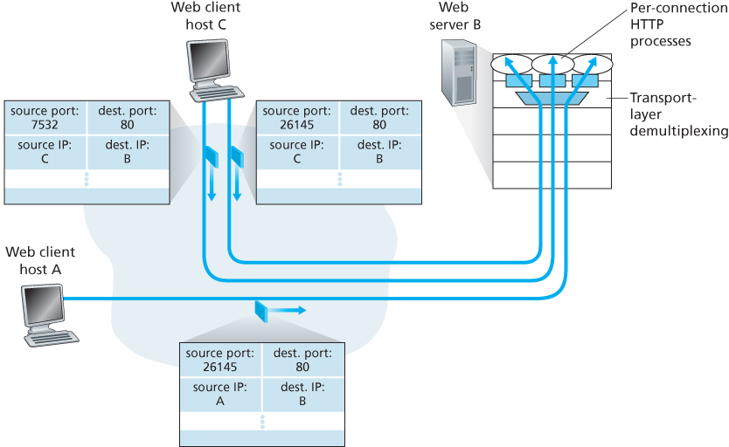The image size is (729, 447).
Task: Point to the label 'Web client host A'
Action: pos(39,260)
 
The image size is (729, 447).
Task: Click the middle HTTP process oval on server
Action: pos(553,64)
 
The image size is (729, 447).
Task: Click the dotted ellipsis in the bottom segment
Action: pos(261,422)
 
